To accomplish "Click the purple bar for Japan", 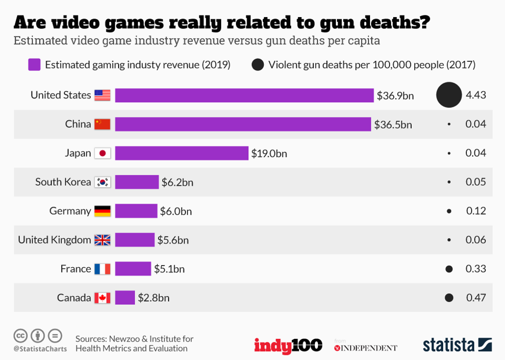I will [181, 153].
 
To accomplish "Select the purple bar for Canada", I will [125, 298].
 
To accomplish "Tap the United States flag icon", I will [103, 95].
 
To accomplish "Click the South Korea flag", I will [103, 182].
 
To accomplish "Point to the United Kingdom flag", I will [103, 240].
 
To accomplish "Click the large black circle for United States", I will [449, 95].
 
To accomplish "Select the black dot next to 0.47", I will [449, 298].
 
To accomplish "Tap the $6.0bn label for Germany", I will [176, 211].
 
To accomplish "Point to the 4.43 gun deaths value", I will [476, 95].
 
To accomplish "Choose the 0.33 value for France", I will [476, 269].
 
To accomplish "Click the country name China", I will [78, 124].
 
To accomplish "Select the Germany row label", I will [70, 211].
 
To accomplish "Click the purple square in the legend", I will [35, 65].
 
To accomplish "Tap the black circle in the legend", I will [258, 65].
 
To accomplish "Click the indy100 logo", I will [288, 345].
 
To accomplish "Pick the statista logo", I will [457, 345].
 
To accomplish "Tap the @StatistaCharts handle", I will [40, 349].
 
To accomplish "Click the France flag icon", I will [103, 269].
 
